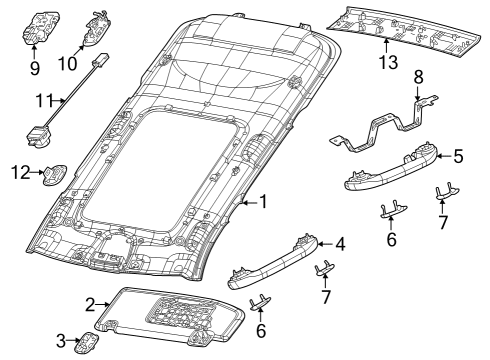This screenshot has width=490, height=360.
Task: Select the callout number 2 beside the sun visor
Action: [89, 304]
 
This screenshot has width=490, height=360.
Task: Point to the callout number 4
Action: [341, 243]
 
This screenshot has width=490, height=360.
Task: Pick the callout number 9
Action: [35, 70]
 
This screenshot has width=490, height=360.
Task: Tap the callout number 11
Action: [43, 99]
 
